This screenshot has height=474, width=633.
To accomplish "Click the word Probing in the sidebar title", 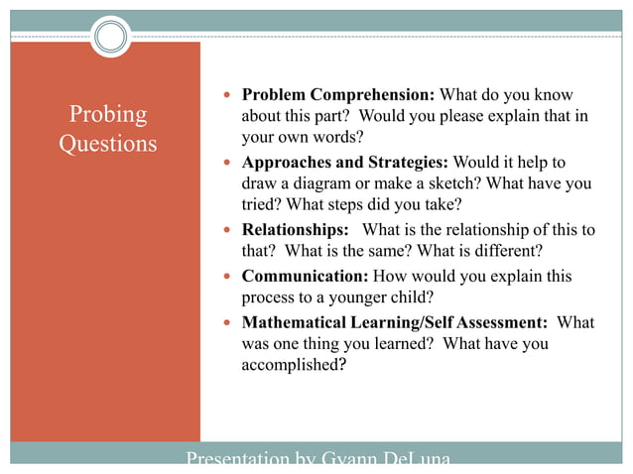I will click(x=107, y=115).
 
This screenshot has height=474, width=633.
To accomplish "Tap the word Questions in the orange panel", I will click(x=107, y=144).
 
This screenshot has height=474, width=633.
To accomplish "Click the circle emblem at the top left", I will click(x=111, y=37).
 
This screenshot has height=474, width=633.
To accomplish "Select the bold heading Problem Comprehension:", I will click(x=338, y=95).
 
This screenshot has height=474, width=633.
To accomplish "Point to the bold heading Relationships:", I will click(x=295, y=230).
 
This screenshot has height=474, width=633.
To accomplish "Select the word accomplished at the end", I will click(x=294, y=365).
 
